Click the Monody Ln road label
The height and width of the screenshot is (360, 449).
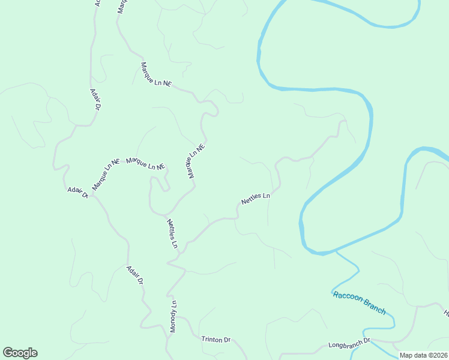pos(173,315)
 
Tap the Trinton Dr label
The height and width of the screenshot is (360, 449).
pos(216,340)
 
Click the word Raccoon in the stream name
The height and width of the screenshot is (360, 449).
pos(346,296)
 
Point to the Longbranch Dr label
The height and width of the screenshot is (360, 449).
pos(350,345)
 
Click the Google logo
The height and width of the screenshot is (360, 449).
pos(20,353)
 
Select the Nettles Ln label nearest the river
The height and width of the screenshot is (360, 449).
pos(256,199)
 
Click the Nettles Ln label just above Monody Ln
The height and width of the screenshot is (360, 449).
pos(173,233)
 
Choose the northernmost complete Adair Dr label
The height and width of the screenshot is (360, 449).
pos(95,99)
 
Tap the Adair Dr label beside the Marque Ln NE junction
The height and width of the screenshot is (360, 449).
pos(78,192)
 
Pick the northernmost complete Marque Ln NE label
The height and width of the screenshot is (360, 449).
pos(155,74)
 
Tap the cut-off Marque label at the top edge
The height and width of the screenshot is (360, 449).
pos(122,6)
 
